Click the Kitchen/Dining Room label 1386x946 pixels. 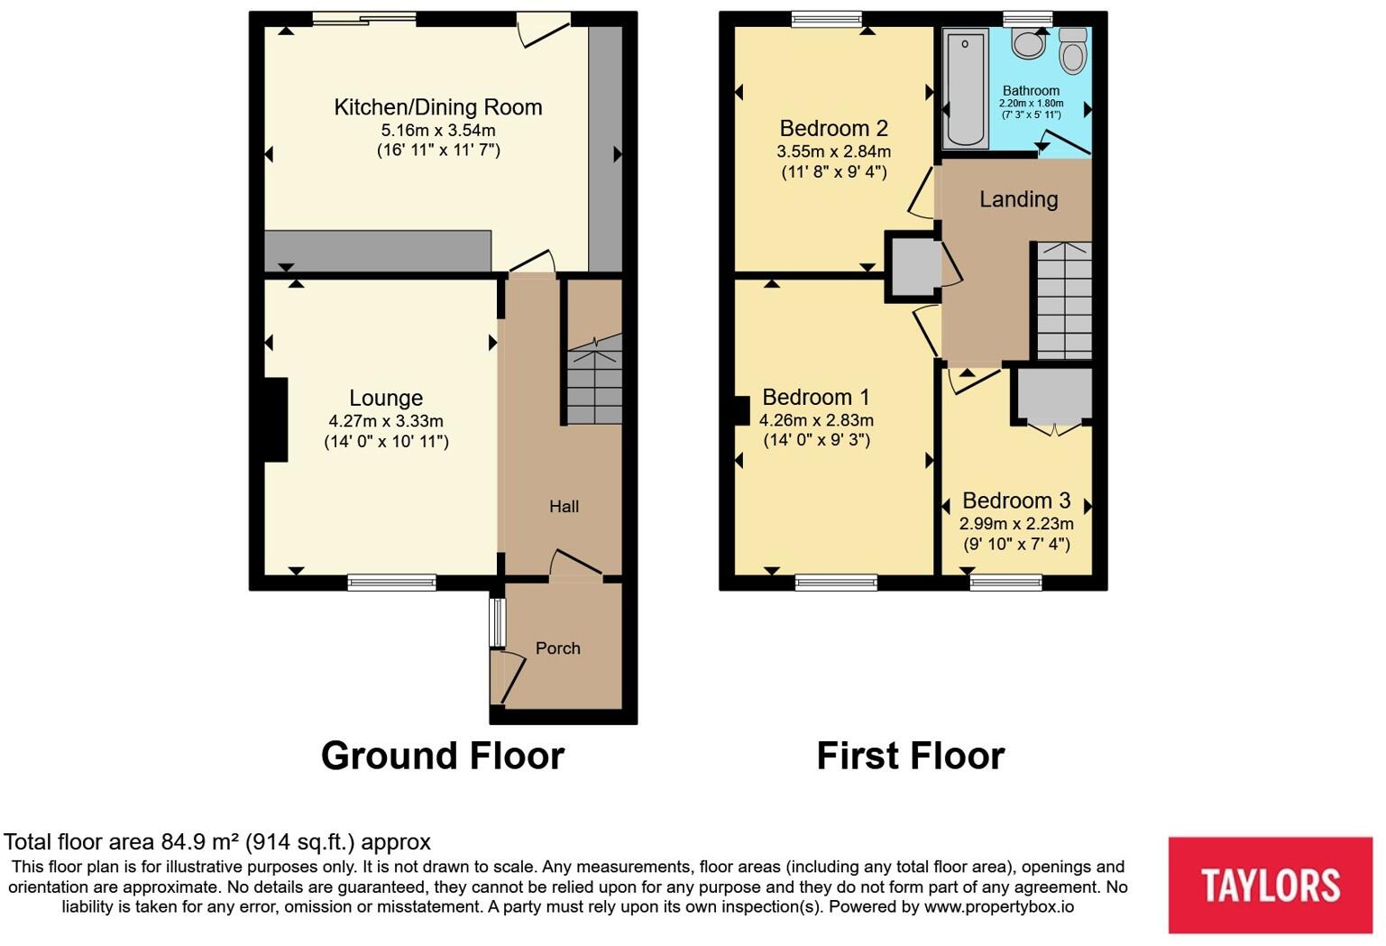click(438, 107)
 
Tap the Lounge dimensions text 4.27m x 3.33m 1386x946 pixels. click(386, 421)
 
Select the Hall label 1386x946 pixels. click(564, 507)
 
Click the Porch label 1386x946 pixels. click(557, 648)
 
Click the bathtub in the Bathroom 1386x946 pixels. click(965, 88)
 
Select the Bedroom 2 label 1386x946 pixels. click(833, 128)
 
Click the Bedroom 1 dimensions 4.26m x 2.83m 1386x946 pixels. click(816, 420)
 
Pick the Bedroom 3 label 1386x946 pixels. click(1016, 501)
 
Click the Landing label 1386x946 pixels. click(1018, 199)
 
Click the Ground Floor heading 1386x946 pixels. click(442, 756)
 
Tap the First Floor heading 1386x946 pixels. click(910, 756)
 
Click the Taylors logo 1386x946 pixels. click(1270, 885)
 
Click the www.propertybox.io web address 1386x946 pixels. click(998, 907)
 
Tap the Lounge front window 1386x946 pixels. click(392, 583)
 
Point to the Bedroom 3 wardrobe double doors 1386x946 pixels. click(1053, 427)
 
